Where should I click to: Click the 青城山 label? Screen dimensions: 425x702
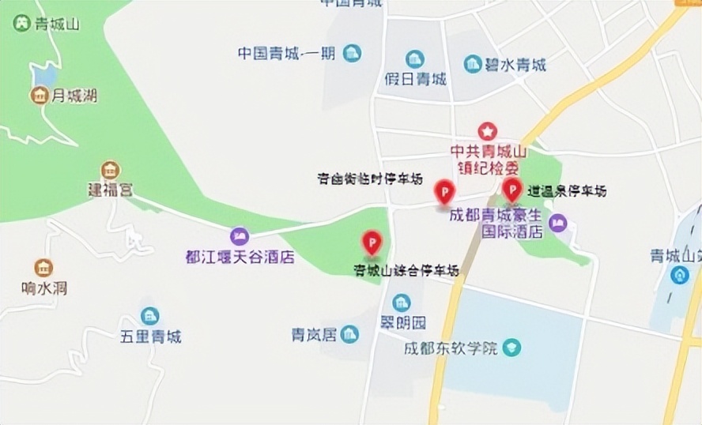click(58, 24)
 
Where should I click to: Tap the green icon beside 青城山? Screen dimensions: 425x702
click(21, 23)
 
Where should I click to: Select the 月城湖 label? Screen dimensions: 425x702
click(74, 96)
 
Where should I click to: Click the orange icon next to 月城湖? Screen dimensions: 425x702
click(38, 96)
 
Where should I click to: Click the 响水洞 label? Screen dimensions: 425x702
click(44, 288)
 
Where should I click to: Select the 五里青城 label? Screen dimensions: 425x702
click(150, 337)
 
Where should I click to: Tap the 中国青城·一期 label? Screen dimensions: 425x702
click(286, 53)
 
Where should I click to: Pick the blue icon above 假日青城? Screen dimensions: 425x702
click(415, 58)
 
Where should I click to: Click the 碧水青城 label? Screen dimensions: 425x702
click(516, 65)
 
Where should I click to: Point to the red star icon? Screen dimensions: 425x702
click(489, 130)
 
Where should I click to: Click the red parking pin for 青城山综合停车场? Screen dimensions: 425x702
click(372, 243)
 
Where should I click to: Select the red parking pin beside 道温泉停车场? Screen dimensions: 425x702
click(512, 190)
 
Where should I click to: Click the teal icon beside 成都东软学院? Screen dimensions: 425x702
click(513, 347)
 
